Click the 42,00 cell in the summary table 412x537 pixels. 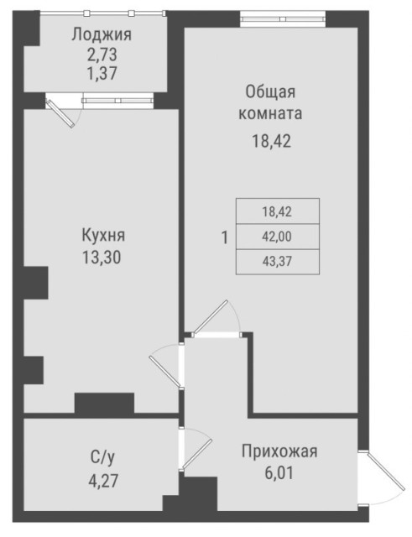277,237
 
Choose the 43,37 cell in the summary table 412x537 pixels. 277,263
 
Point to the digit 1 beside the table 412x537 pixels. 224,237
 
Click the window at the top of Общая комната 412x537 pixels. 282,15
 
